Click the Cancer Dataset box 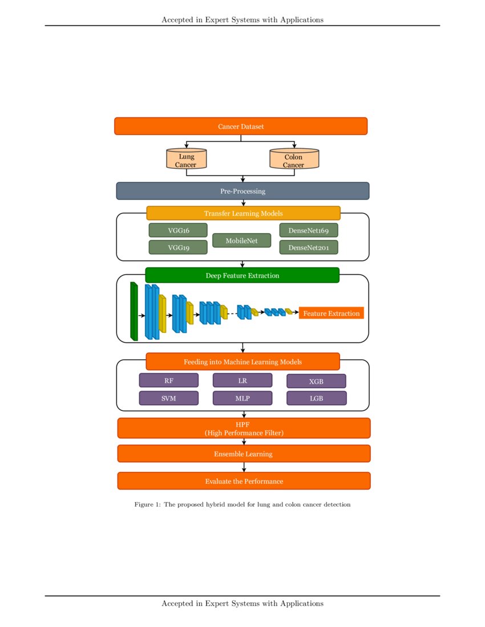pyautogui.click(x=241, y=126)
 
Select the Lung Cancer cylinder pyautogui.click(x=186, y=160)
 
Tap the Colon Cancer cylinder pyautogui.click(x=294, y=160)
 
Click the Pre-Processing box pyautogui.click(x=242, y=191)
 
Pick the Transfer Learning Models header pyautogui.click(x=243, y=213)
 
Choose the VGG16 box pyautogui.click(x=178, y=230)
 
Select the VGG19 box pyautogui.click(x=178, y=247)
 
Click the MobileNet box pyautogui.click(x=241, y=241)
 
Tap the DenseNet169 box pyautogui.click(x=308, y=230)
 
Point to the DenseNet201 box pyautogui.click(x=308, y=247)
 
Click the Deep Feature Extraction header pyautogui.click(x=242, y=275)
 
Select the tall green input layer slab pyautogui.click(x=134, y=311)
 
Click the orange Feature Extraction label pyautogui.click(x=331, y=313)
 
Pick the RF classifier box pyautogui.click(x=168, y=380)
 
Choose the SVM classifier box pyautogui.click(x=168, y=398)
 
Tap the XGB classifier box pyautogui.click(x=316, y=381)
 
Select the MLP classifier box pyautogui.click(x=242, y=398)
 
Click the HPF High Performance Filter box pyautogui.click(x=244, y=428)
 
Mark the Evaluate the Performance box pyautogui.click(x=244, y=481)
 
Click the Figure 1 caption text pyautogui.click(x=242, y=504)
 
